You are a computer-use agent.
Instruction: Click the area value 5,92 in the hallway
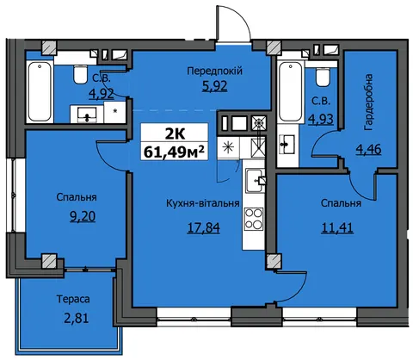[214, 86]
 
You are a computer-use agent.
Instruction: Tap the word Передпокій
[214, 71]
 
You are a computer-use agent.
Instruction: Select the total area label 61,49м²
[175, 152]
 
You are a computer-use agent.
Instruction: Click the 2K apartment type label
[175, 133]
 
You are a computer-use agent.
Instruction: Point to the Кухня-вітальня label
[203, 203]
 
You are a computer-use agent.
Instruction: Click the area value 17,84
[203, 228]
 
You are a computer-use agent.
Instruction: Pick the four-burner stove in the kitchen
[254, 219]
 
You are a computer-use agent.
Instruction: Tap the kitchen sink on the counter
[255, 181]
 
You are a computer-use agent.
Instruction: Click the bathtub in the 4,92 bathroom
[40, 92]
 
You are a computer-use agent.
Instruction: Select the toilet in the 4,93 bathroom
[323, 77]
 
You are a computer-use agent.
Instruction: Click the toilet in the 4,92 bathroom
[80, 74]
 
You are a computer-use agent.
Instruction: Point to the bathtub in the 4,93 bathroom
[291, 92]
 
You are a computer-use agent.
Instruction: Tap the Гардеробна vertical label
[368, 102]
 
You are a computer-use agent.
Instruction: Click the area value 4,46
[368, 149]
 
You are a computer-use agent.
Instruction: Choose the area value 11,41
[337, 228]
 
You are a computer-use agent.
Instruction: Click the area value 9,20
[83, 216]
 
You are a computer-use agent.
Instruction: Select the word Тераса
[73, 299]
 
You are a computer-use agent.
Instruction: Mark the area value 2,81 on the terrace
[76, 318]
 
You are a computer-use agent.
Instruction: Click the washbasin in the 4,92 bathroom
[87, 115]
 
